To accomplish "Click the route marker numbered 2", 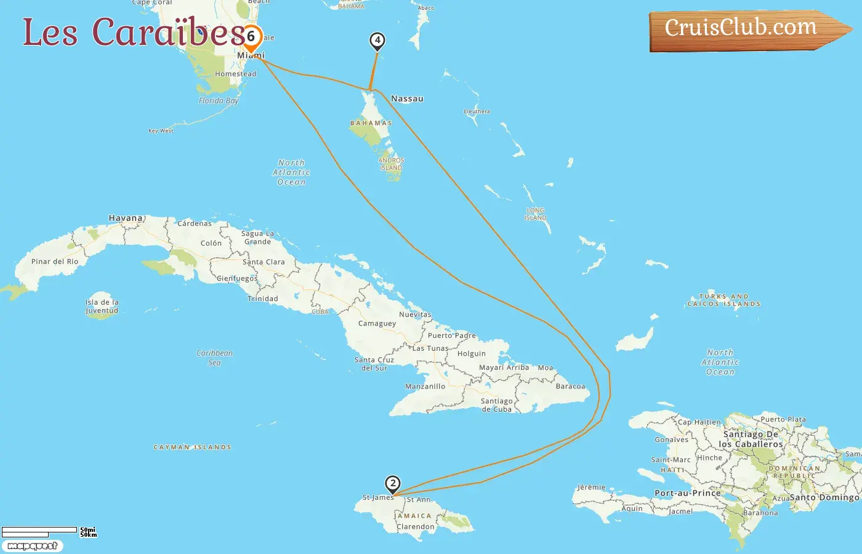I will [x=392, y=484].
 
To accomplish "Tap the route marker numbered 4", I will [x=377, y=41].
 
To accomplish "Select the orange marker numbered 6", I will [x=251, y=38].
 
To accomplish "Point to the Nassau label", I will [x=407, y=98].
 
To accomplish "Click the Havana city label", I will [x=126, y=218].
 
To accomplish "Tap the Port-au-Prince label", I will [x=687, y=493].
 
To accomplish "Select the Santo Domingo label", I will [x=824, y=497].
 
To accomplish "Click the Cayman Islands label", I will [x=192, y=448].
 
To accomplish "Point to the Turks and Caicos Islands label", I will [x=723, y=300].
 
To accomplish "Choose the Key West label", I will [x=161, y=130].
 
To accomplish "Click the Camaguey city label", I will [x=377, y=323].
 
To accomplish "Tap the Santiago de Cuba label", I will [x=496, y=405].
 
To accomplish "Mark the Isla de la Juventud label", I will [x=102, y=307].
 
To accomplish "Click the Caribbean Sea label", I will [x=214, y=358].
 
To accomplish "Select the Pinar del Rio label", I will [x=55, y=262].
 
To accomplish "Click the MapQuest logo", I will [x=32, y=546].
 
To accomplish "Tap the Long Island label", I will [x=535, y=214].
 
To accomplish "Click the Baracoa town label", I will [x=570, y=387].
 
